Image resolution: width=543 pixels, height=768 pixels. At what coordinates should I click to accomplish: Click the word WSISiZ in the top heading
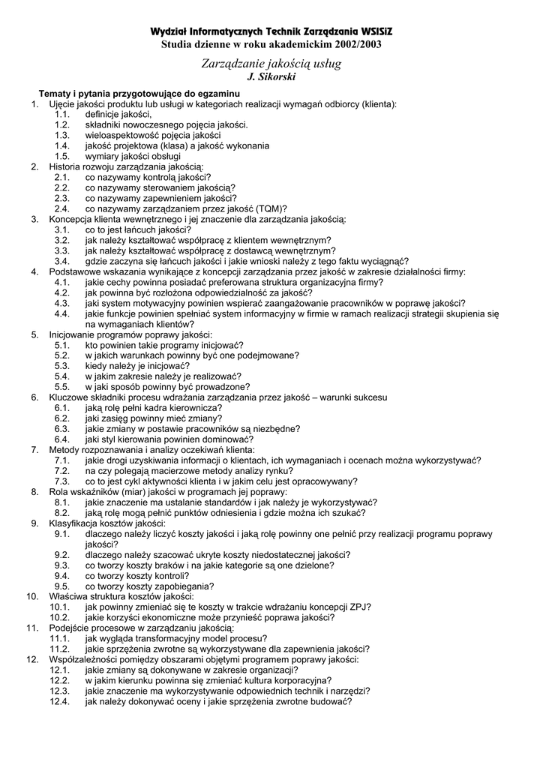(370, 32)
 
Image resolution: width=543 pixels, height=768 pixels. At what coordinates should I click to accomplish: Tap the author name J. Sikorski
(271, 77)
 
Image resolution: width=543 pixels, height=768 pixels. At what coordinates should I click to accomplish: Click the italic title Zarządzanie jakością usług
(271, 64)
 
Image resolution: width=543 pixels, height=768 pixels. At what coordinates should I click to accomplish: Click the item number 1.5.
(62, 156)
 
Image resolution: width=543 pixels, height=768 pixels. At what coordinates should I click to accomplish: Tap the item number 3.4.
(62, 261)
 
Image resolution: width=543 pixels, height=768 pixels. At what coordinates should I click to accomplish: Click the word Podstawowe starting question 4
(75, 271)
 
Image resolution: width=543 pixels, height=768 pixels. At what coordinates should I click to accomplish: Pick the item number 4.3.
(62, 303)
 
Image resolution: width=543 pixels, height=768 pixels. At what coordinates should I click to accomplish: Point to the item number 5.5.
(62, 387)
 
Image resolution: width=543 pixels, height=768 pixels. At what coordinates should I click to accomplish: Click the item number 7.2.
(62, 471)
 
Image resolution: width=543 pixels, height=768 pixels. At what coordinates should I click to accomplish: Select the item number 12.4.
(60, 702)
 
